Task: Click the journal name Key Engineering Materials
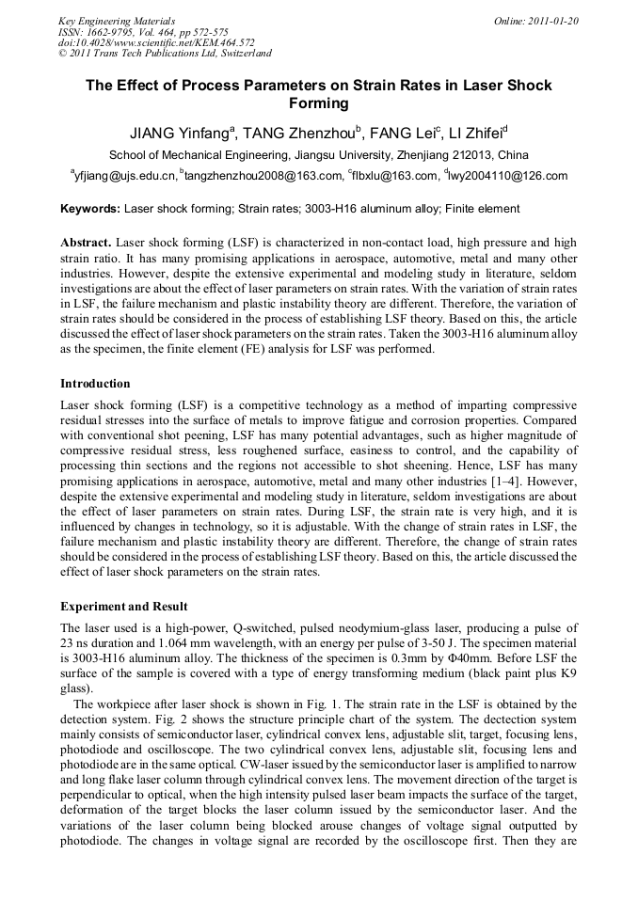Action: coord(117,20)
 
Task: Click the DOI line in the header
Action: coord(156,42)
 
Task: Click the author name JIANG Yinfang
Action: coord(180,133)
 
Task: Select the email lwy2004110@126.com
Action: coord(509,176)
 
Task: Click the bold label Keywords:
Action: coord(90,209)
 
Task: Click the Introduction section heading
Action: coord(95,384)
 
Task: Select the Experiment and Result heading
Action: coord(123,607)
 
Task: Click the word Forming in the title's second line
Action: coord(318,103)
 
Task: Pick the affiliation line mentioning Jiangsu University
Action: coord(318,155)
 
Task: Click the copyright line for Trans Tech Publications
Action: coord(165,54)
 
